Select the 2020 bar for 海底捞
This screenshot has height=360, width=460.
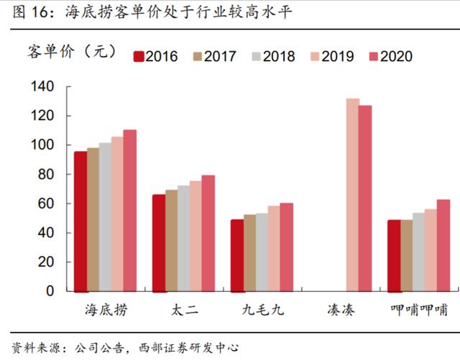(129, 211)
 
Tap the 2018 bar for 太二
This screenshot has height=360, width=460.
(183, 239)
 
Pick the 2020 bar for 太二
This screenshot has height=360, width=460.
(208, 234)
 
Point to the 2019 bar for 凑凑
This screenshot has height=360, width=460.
(352, 195)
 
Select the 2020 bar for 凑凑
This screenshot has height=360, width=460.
(365, 198)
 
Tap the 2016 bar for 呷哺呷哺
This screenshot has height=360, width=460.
(394, 256)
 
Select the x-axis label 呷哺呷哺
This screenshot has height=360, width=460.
(419, 310)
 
